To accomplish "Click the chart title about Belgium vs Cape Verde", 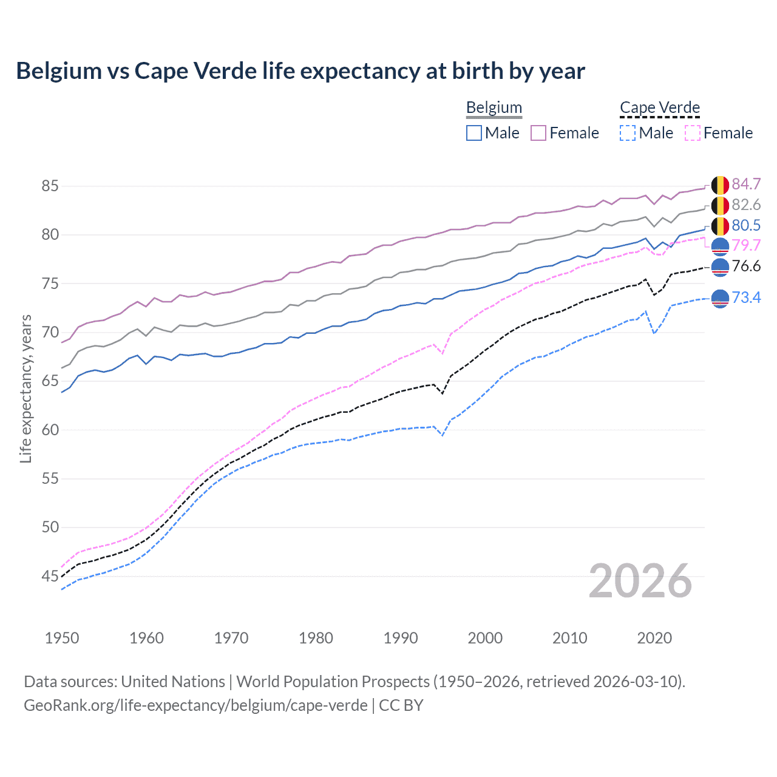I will click(x=300, y=71).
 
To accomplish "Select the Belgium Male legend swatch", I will click(x=474, y=133).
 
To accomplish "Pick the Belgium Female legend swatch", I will click(x=538, y=133).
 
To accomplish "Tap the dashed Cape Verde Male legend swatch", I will click(x=628, y=133).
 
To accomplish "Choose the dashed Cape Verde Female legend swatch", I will click(x=692, y=133).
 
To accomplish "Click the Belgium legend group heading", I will click(x=494, y=107).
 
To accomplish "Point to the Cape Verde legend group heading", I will click(x=660, y=107).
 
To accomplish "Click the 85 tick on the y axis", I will click(x=50, y=186).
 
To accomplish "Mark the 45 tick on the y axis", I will click(x=50, y=576).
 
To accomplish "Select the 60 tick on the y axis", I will click(x=50, y=430).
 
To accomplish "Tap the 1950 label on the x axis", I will click(x=62, y=638).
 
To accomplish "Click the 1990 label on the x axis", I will click(x=401, y=638).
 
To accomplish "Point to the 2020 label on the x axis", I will click(x=654, y=638).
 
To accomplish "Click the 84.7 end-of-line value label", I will click(x=746, y=184).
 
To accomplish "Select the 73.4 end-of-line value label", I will click(x=746, y=297).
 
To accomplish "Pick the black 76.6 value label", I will click(x=746, y=266).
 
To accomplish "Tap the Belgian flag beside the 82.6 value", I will click(x=720, y=205).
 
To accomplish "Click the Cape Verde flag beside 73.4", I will click(x=720, y=298).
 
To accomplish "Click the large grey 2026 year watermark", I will click(x=640, y=581).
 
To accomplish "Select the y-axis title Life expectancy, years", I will click(x=26, y=388).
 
